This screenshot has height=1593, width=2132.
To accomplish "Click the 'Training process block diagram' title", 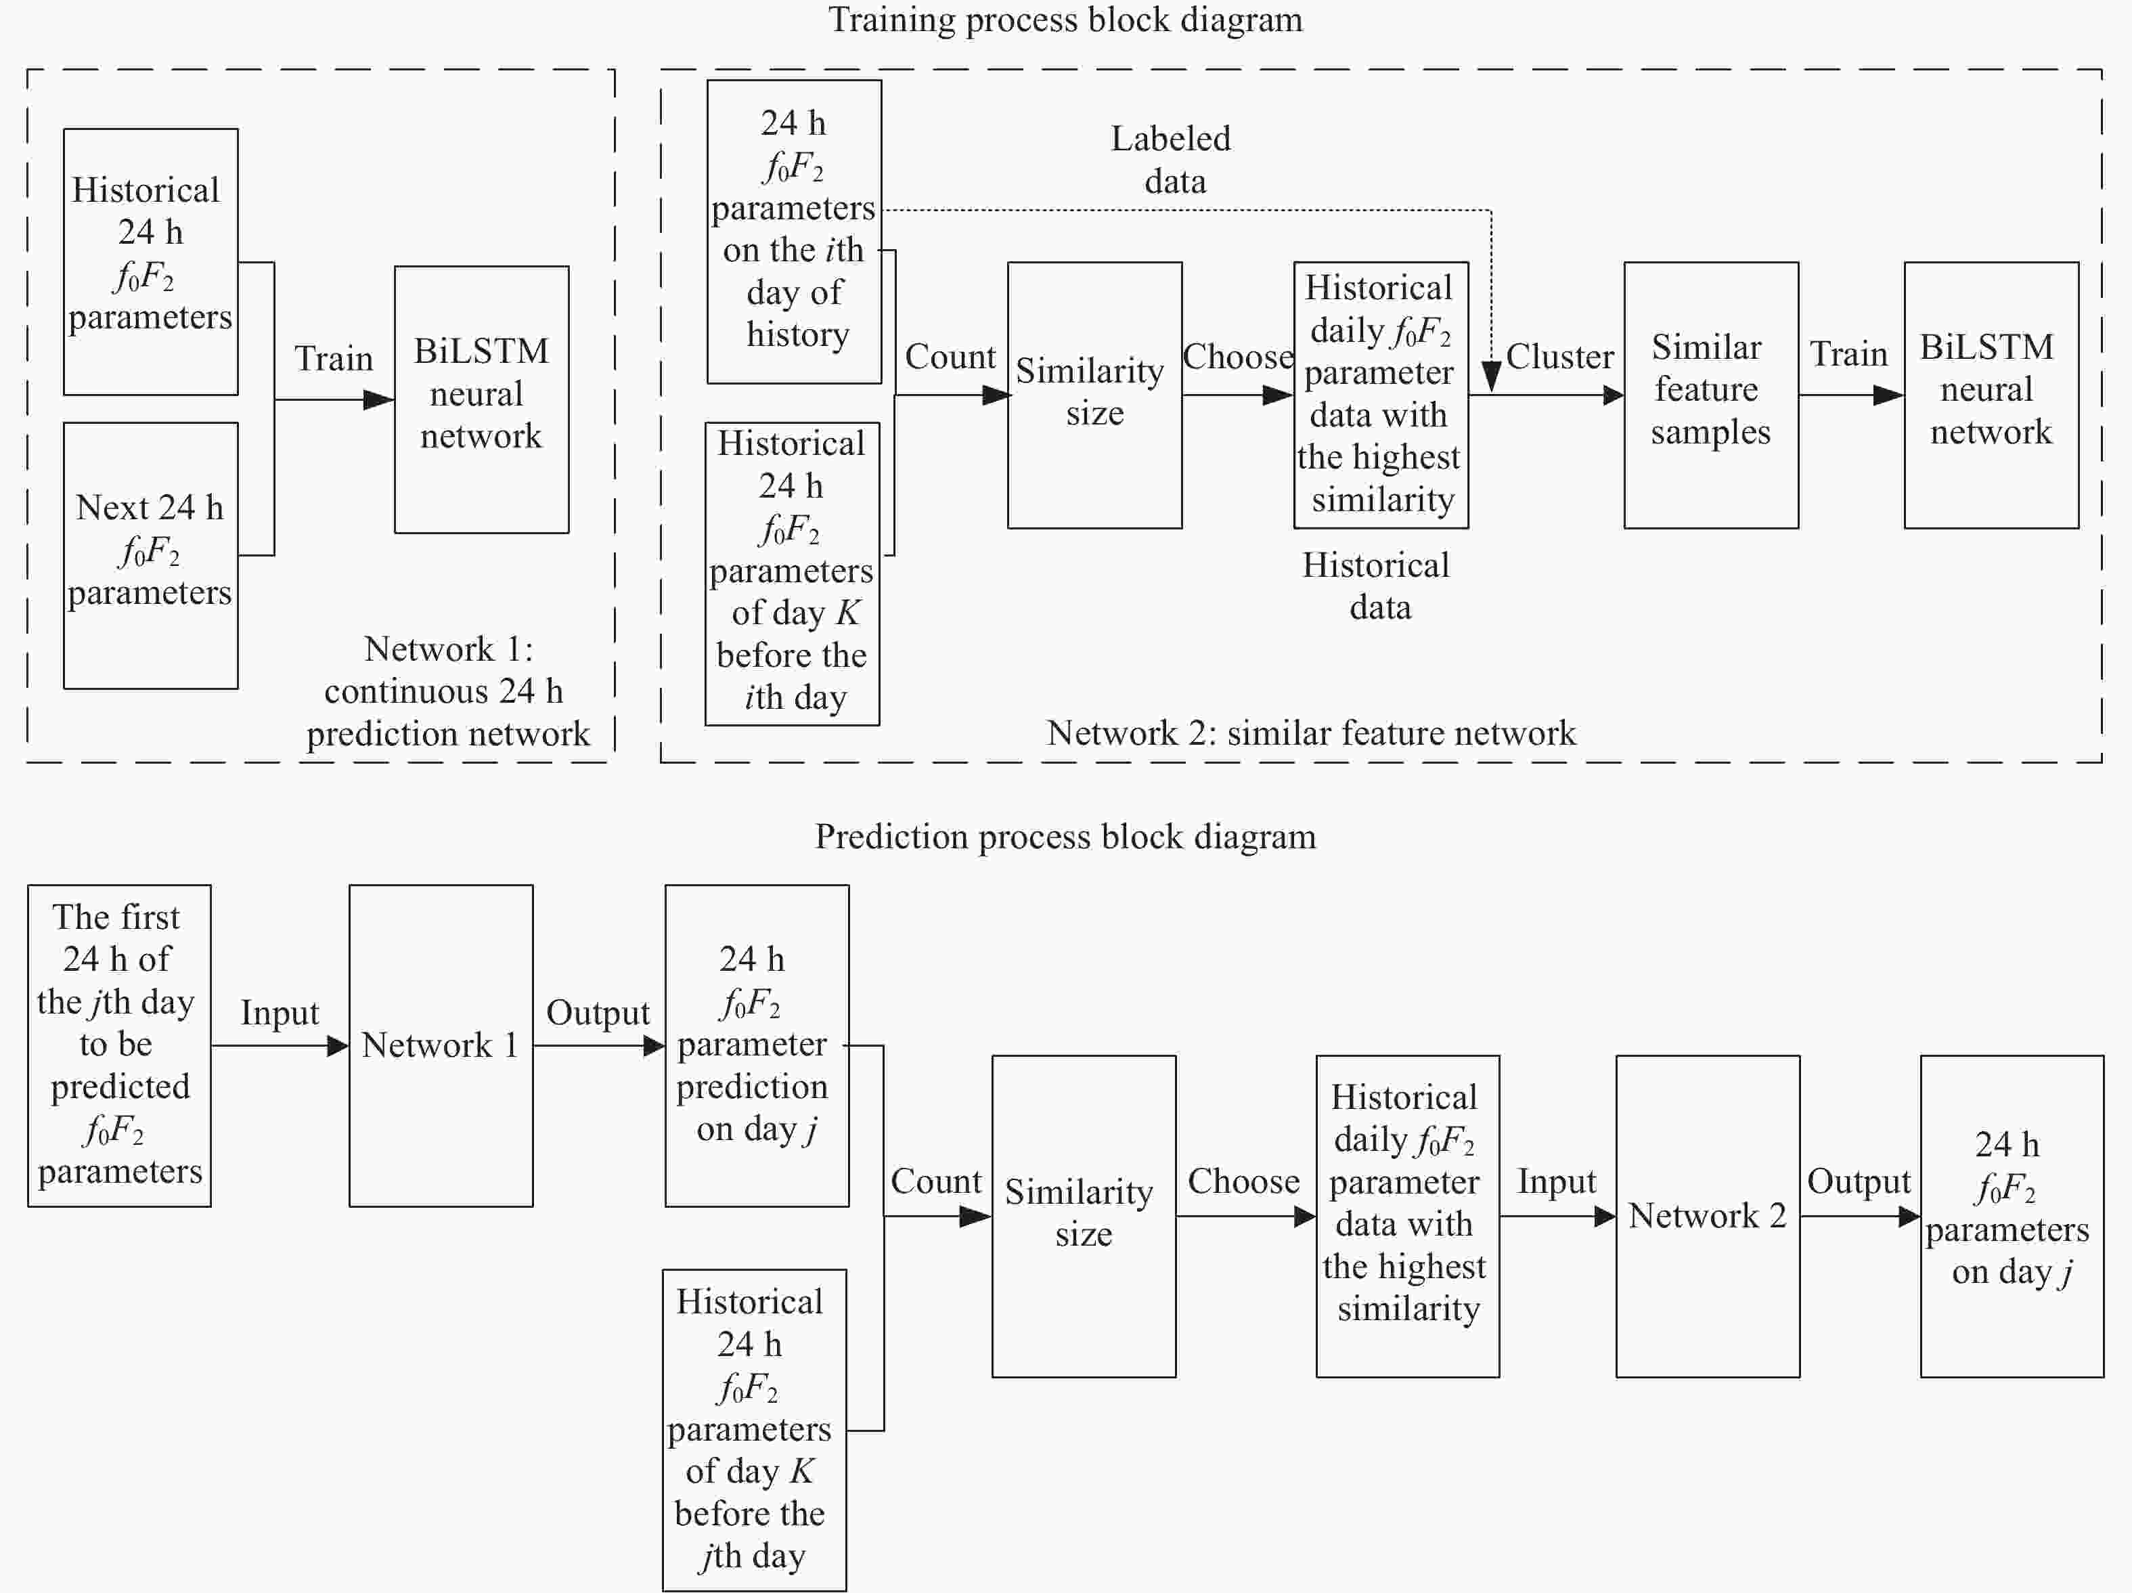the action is coord(1065,19).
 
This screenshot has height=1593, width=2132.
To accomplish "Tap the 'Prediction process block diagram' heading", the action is coord(1065,836).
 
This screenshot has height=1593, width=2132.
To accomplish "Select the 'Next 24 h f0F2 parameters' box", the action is coord(150,555).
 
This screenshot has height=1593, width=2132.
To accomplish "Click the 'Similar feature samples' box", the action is coord(1711,395).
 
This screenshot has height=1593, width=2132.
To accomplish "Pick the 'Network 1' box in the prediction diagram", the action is coord(441,1045).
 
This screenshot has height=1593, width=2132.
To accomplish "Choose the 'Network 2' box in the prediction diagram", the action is coord(1707,1216).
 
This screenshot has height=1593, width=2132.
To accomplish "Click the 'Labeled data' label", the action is coord(1172,159).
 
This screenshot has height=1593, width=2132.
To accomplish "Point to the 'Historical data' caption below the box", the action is coord(1377,586).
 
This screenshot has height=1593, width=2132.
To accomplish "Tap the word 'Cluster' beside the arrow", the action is coord(1559,357).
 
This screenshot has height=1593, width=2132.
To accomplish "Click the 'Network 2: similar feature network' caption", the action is coord(1311,733).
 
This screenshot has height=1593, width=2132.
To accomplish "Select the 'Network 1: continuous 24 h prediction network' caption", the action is coord(448,691).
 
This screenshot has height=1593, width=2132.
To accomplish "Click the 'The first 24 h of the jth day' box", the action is coord(120,1045).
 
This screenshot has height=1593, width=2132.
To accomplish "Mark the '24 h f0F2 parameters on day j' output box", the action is coord(2012,1216).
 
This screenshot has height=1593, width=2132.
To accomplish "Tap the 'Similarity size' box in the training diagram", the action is coord(1095,395).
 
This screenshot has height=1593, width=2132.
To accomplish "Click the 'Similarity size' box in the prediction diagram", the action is coord(1084,1216).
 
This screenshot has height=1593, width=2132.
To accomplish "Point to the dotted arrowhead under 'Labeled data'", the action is coord(1491,377).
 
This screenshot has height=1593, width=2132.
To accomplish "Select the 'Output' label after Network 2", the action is coord(1859,1181).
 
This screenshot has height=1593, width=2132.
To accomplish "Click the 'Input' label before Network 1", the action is coord(280,1013).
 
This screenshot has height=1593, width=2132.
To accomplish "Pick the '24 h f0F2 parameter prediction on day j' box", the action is coord(757,1045).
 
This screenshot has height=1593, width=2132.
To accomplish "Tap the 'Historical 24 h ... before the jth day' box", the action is coord(755,1429).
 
